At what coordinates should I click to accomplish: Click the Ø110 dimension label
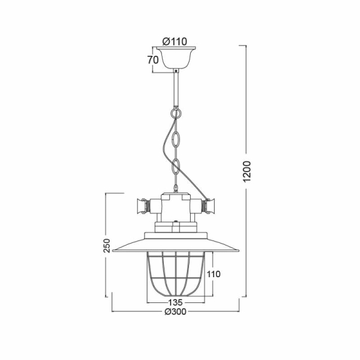click(x=175, y=41)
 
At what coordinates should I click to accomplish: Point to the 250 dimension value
click(x=107, y=245)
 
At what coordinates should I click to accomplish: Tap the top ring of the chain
click(x=175, y=113)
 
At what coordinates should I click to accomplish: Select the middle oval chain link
click(x=175, y=139)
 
